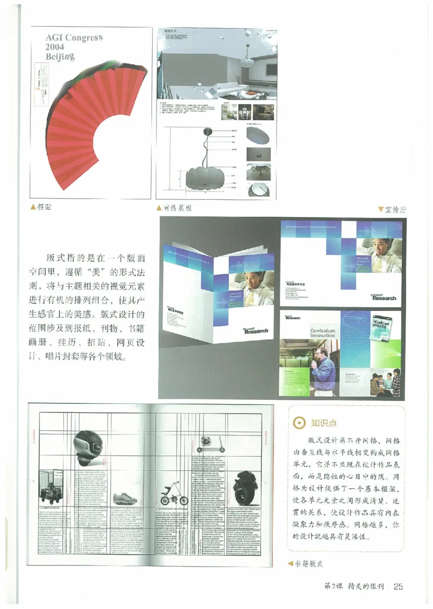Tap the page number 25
[398, 586]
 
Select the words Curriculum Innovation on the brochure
[323, 332]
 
